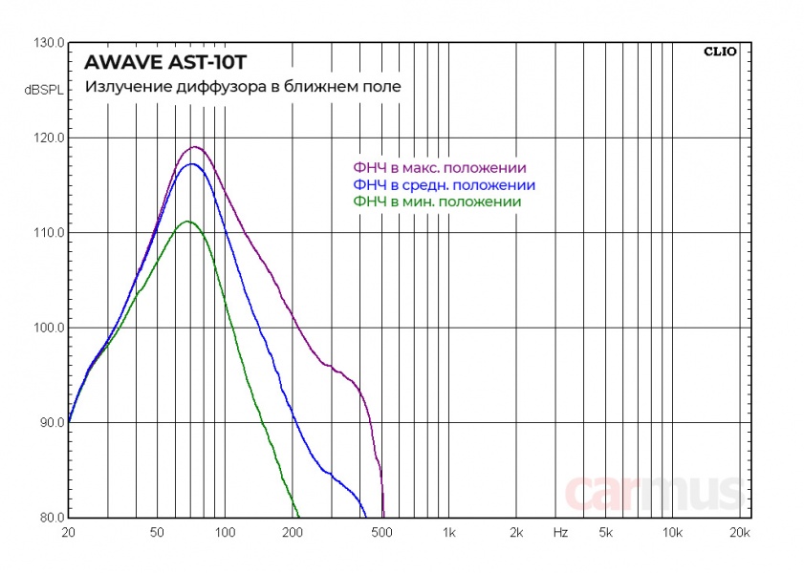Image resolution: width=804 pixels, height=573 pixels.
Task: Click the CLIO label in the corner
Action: pos(719,52)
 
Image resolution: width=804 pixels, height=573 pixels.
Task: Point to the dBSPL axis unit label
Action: pos(44,91)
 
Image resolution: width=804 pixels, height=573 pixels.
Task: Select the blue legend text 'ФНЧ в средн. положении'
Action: pos(444,184)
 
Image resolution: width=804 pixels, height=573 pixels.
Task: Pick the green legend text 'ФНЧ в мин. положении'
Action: pos(437,202)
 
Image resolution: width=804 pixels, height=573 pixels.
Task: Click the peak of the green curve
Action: pos(187,222)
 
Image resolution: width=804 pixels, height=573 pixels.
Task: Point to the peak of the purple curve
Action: pos(195,147)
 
